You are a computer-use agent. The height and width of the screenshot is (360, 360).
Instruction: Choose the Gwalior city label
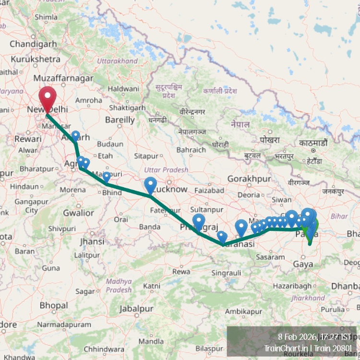pos(79,213)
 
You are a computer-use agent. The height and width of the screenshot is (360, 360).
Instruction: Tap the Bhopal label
pos(54,305)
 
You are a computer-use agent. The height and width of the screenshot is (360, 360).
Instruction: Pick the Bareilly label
pos(120,120)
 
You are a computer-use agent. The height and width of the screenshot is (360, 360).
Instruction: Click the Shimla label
pos(46,17)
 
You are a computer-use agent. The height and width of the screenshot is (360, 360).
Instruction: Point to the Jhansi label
pos(92,241)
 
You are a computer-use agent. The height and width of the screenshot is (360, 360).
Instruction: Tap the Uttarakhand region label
pos(117,61)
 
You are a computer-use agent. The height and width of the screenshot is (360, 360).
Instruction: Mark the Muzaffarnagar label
pos(64,78)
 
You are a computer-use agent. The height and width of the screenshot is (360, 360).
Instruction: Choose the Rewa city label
pos(181,272)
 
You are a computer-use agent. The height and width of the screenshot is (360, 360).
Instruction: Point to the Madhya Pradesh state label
pos(119,286)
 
